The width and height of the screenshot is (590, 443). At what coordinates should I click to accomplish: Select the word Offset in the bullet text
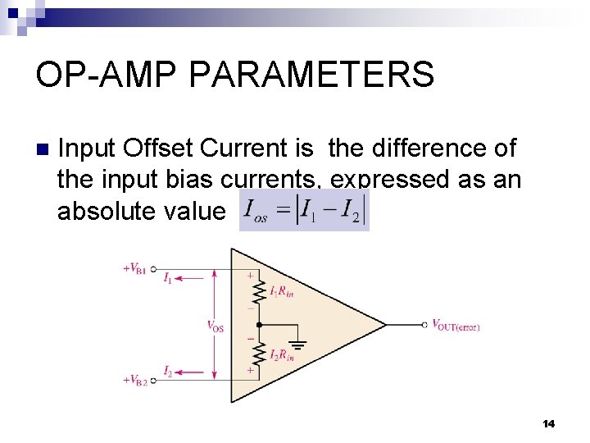pyautogui.click(x=157, y=148)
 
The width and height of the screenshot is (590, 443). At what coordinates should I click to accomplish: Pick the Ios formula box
pyautogui.click(x=304, y=211)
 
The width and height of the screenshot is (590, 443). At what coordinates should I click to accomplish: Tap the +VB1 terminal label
pyautogui.click(x=134, y=268)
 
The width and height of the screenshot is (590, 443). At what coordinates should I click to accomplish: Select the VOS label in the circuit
pyautogui.click(x=215, y=326)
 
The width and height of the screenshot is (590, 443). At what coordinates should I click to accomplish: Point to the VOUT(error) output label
pyautogui.click(x=456, y=326)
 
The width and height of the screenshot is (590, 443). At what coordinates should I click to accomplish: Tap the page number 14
pyautogui.click(x=548, y=423)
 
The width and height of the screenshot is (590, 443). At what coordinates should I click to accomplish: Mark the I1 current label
pyautogui.click(x=167, y=278)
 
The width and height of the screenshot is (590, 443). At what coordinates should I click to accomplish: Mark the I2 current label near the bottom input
pyautogui.click(x=167, y=371)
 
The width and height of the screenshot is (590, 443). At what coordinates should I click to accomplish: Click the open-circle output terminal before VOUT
pyautogui.click(x=424, y=324)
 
